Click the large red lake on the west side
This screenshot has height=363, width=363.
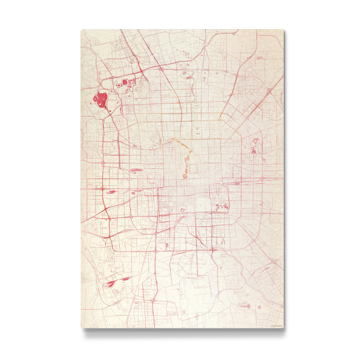coord(100,100)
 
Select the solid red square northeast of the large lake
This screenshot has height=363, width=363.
coord(125,82)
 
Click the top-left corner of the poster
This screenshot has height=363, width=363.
coord(81,30)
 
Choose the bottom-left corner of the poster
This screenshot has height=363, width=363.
coord(81,328)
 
